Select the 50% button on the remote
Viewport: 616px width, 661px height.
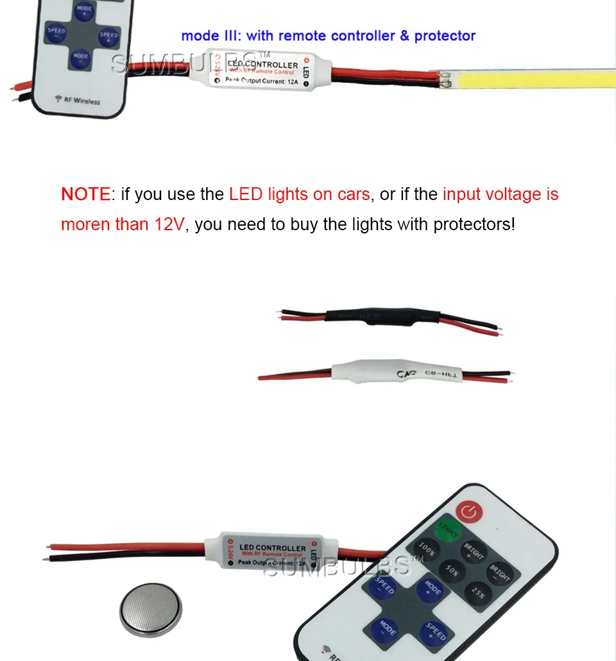[452, 569]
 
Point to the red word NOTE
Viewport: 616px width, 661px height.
[85, 194]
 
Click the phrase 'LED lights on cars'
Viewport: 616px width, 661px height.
[299, 194]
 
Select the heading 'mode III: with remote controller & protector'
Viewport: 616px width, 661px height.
[328, 35]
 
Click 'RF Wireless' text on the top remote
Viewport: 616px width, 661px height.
[78, 100]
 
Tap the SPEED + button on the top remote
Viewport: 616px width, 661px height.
[109, 35]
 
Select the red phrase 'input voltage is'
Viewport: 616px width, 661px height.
[501, 194]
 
